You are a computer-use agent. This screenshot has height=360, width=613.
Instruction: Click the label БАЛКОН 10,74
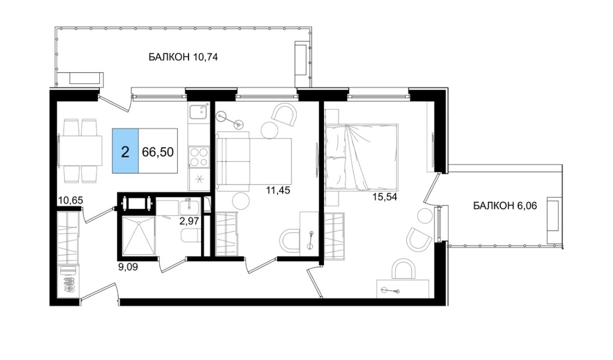pos(183,57)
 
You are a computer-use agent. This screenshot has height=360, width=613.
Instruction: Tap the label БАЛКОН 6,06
pos(505,206)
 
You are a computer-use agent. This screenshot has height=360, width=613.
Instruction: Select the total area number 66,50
pos(158,152)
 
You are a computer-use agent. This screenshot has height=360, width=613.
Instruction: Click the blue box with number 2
pos(125,150)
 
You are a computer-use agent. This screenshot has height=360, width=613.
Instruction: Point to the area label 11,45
pos(278,191)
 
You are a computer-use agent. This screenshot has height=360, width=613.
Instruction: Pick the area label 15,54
pos(385,197)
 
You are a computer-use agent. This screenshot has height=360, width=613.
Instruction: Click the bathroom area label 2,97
pos(189,221)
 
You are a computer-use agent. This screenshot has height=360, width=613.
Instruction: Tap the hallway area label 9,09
pos(128,267)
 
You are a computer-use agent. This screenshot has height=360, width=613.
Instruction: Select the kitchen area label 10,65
pos(70,200)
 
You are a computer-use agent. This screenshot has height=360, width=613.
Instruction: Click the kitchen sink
pos(198,111)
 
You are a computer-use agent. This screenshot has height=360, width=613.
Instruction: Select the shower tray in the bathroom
pos(138,236)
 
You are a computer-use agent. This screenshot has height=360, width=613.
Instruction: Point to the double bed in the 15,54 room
pos(362,157)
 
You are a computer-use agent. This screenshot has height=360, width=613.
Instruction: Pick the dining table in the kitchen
pos(80,150)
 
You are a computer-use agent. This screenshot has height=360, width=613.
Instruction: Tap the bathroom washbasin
pos(190,207)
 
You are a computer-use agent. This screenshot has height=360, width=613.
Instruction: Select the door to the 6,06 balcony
pos(431,189)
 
